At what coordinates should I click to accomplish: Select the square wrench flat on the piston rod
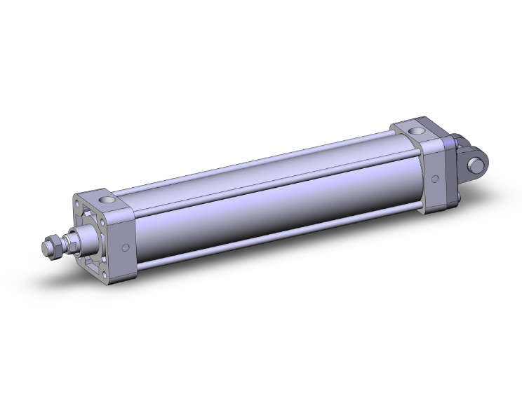click(x=70, y=243)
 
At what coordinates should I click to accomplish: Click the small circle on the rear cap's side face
click(x=436, y=178)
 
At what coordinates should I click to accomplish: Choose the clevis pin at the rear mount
click(x=478, y=166)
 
